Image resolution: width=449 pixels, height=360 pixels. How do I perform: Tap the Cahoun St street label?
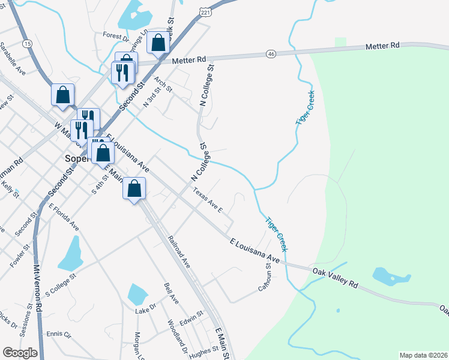263,278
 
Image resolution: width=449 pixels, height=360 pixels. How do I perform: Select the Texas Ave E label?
208,200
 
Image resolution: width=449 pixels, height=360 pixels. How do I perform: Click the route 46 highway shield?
271,54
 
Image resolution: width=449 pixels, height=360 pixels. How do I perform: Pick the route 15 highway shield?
27,44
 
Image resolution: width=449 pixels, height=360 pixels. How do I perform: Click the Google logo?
20,352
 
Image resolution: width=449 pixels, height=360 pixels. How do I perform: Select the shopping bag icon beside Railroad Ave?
135,189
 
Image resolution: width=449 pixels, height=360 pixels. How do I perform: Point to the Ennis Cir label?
59,334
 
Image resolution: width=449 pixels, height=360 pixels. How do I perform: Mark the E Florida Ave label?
64,217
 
